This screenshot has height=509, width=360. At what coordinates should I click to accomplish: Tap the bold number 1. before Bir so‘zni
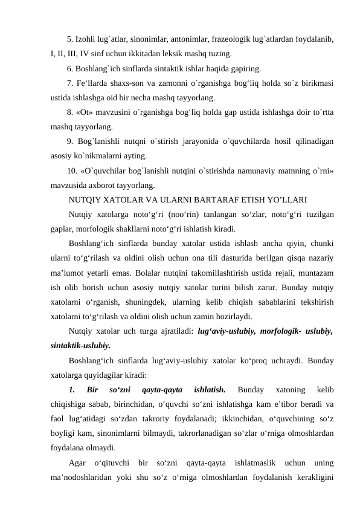click(x=72, y=389)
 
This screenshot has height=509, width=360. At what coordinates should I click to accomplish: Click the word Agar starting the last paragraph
click(x=77, y=462)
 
